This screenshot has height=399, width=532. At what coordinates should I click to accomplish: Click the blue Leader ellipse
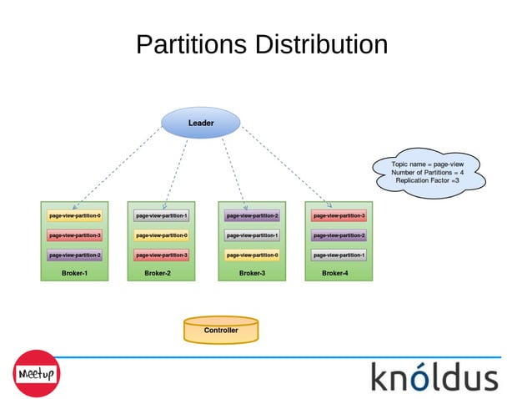click(x=200, y=124)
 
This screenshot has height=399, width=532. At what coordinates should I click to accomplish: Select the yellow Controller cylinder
click(x=221, y=331)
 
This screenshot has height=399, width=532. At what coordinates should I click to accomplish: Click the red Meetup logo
click(x=36, y=373)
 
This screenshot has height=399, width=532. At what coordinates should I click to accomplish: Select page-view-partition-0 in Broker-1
click(x=75, y=215)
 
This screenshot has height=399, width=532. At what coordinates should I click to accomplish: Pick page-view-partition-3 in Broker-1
click(x=75, y=235)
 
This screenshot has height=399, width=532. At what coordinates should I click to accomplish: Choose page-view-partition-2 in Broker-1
click(x=75, y=255)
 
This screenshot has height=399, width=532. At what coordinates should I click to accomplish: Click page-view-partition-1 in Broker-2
click(x=162, y=215)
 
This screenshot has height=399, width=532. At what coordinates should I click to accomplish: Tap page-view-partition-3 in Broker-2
click(x=162, y=255)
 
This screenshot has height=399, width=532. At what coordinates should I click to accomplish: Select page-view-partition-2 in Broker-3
click(x=253, y=215)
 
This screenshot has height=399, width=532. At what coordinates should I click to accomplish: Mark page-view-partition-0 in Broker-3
click(x=253, y=255)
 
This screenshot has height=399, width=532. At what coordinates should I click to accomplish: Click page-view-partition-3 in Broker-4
click(x=339, y=215)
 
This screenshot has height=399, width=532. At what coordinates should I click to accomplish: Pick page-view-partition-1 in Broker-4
click(x=339, y=255)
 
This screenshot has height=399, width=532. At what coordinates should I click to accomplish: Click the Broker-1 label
click(x=74, y=273)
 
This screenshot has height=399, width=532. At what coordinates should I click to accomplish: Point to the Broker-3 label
click(x=252, y=273)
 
